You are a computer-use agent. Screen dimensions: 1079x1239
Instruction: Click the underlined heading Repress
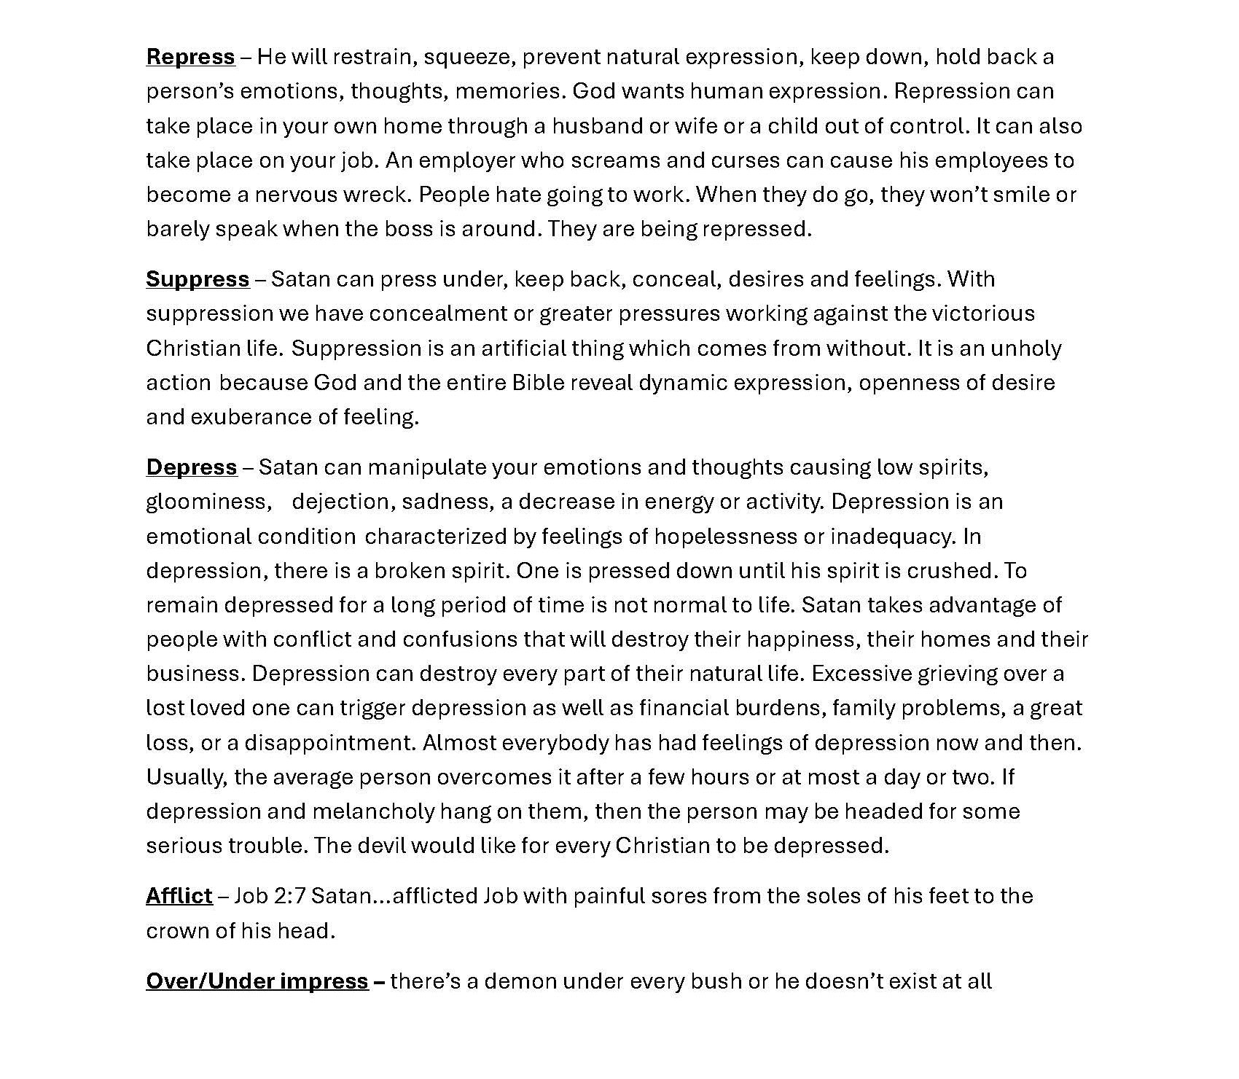tap(190, 57)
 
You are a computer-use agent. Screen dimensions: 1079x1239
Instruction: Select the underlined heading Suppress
tap(198, 279)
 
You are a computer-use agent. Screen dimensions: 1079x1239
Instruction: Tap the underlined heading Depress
tap(192, 467)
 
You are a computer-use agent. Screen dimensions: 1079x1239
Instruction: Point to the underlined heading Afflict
tap(179, 896)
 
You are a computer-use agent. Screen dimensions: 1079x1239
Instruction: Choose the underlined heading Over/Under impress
tap(257, 981)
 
